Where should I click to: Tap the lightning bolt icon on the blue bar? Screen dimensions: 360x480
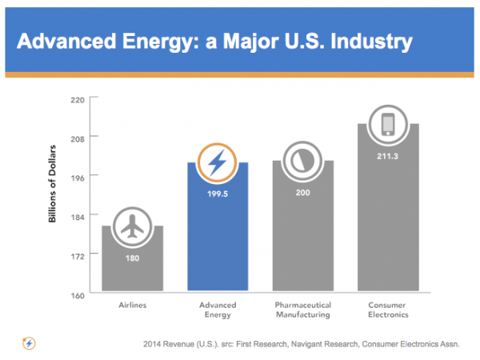coord(217,162)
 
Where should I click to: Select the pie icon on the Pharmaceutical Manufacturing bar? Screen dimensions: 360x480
coord(302,161)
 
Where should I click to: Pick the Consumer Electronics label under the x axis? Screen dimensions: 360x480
coord(387,310)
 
